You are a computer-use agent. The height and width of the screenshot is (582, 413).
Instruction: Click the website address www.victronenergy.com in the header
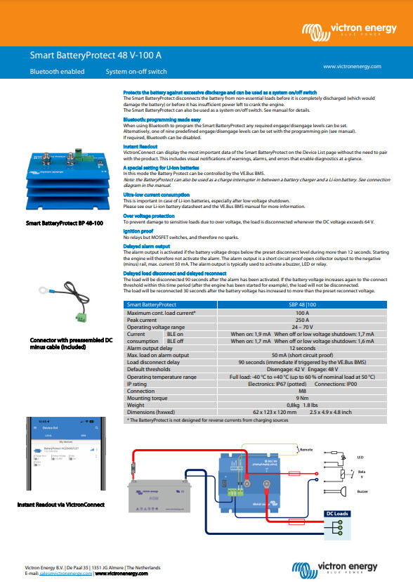click(x=353, y=66)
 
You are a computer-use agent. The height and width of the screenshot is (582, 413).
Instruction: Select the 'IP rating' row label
click(x=138, y=384)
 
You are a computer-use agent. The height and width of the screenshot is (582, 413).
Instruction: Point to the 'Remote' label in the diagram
click(x=307, y=448)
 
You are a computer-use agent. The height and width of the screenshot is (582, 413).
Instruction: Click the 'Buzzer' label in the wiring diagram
click(x=362, y=492)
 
